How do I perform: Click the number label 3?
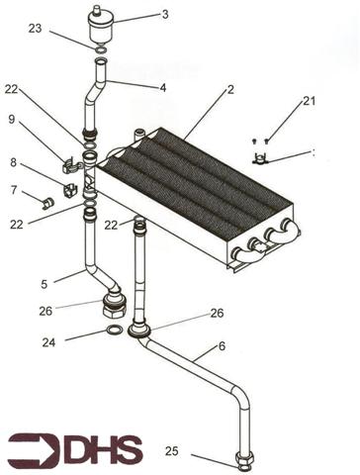pos(165,14)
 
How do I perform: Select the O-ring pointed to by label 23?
pos(101,48)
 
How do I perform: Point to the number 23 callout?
pos(37,29)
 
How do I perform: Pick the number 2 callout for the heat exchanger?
pos(229,90)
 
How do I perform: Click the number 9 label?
pos(12,120)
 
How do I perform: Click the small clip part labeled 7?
pos(45,204)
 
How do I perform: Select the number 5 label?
pos(44,284)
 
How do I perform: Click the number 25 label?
pos(171,451)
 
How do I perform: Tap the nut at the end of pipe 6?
pos(244,459)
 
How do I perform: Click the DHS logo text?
pos(103,450)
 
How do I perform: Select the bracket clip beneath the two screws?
pos(261,158)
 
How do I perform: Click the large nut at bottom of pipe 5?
pos(114,301)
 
